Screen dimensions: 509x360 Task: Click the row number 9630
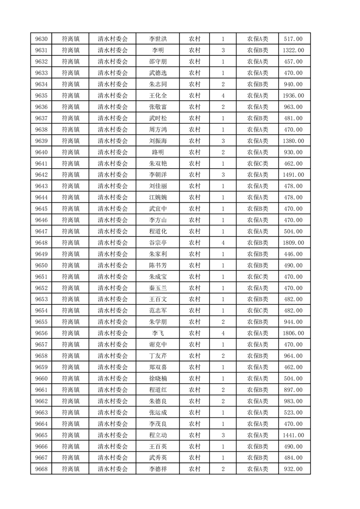point(41,39)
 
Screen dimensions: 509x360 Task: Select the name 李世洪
point(158,39)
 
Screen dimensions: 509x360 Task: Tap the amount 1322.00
point(293,50)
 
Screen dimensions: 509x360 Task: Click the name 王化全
point(158,96)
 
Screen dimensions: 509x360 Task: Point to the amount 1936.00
point(293,96)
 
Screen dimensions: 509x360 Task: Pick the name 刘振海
point(158,141)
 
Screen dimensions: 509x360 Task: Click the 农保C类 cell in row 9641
point(257,164)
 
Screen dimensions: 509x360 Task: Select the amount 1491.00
point(293,175)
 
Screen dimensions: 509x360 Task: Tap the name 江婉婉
point(158,197)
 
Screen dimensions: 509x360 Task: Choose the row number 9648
point(41,243)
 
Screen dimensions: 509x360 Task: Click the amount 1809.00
point(293,243)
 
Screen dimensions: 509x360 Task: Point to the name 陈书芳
point(158,265)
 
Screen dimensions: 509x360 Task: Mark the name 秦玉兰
point(158,288)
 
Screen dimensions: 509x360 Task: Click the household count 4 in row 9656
point(223,333)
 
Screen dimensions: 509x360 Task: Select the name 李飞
point(158,333)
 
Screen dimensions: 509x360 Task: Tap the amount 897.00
point(293,390)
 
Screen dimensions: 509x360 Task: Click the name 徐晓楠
point(158,378)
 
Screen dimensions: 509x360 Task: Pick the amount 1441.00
point(293,435)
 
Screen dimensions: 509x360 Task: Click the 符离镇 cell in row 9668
point(70,469)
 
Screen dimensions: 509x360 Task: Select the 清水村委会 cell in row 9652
point(113,288)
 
